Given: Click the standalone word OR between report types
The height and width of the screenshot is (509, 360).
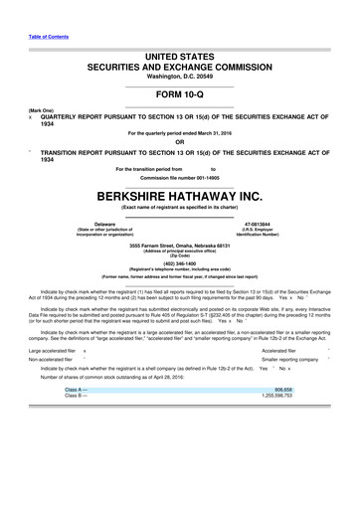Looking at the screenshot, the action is point(179,141).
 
